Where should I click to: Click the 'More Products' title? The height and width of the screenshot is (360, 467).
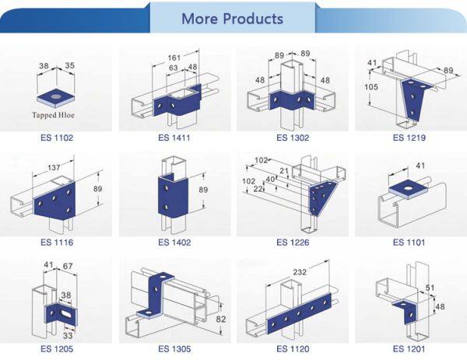[x=232, y=19]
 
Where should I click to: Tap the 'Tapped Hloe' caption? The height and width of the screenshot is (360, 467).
[x=53, y=115]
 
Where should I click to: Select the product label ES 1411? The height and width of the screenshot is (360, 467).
[x=174, y=138]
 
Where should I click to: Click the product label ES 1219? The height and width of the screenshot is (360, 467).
[x=409, y=138]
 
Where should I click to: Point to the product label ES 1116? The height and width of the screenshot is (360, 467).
[x=57, y=242]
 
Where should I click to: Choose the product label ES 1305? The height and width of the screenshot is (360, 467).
[x=174, y=348]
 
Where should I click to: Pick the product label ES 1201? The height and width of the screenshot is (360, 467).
[x=409, y=348]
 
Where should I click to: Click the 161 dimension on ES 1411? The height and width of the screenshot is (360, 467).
[x=174, y=58]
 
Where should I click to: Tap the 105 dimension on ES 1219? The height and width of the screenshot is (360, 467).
[x=371, y=87]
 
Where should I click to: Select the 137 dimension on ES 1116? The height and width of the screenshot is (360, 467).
[x=54, y=167]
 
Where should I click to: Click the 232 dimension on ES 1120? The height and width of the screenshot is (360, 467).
[x=300, y=272]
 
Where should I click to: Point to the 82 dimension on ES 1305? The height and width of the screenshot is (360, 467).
[x=221, y=319]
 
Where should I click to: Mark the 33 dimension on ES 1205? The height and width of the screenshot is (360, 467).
[x=68, y=336]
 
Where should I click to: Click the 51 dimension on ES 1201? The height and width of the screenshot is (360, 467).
[x=430, y=288]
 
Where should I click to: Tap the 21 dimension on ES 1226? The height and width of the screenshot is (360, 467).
[x=284, y=170]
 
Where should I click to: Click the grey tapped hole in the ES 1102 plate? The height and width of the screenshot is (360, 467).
[x=55, y=96]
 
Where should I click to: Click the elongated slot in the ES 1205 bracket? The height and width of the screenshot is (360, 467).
[x=66, y=313]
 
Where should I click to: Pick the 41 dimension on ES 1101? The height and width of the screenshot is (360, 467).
[x=420, y=166]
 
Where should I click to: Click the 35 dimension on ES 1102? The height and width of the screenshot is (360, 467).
[x=69, y=65]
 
